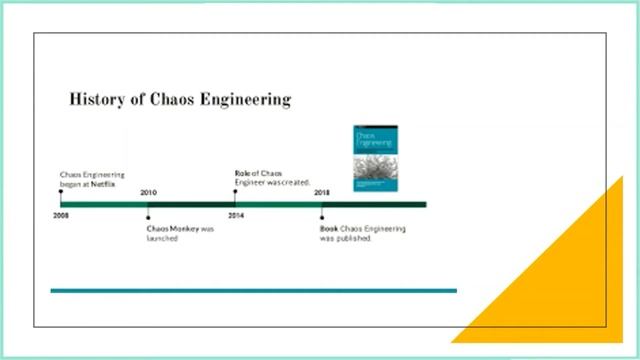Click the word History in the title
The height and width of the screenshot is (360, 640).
(x=96, y=99)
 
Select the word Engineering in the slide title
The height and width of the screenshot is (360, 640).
(x=247, y=99)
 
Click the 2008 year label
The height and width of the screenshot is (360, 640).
(x=62, y=215)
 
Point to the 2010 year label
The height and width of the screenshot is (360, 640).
(x=148, y=192)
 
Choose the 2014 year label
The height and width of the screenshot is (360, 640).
(x=236, y=215)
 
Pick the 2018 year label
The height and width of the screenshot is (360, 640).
(x=322, y=192)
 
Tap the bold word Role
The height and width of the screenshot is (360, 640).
(x=243, y=172)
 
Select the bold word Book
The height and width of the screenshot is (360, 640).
(x=329, y=229)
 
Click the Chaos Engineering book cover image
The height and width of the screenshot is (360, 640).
(x=375, y=157)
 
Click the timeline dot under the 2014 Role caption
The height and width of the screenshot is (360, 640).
(x=235, y=192)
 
